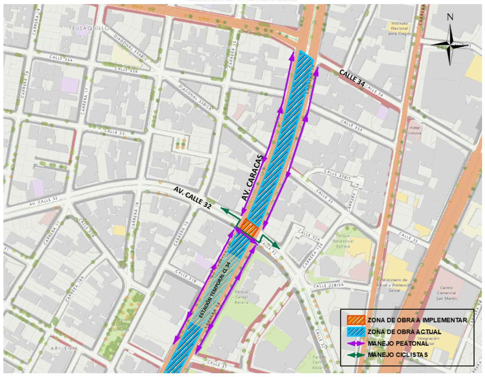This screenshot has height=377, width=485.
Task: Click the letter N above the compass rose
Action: pos(450,17)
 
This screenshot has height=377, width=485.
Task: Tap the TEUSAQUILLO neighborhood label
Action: pos(89,28)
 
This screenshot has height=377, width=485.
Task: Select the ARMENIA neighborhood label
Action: pos(64,348)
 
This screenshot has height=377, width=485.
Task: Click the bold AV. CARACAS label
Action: pos(252,178)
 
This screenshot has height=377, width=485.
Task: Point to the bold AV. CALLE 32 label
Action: pos(192,198)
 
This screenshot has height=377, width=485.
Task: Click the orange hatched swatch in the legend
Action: pos(356,320)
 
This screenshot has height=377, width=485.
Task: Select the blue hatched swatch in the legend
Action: pos(356,332)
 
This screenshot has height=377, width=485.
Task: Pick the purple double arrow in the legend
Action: pos(356,343)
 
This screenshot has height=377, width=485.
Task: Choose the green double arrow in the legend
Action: pos(356,354)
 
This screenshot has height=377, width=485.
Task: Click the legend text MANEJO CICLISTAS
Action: pos(398,354)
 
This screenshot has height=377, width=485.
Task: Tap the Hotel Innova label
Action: pos(415,130)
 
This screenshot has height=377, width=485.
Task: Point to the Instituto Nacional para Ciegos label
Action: pos(399,28)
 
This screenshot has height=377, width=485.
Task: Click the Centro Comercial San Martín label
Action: pos(447,293)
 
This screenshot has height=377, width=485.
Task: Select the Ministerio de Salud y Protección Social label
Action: pos(394,285)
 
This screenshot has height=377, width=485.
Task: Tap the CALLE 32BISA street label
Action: pos(329,286)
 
